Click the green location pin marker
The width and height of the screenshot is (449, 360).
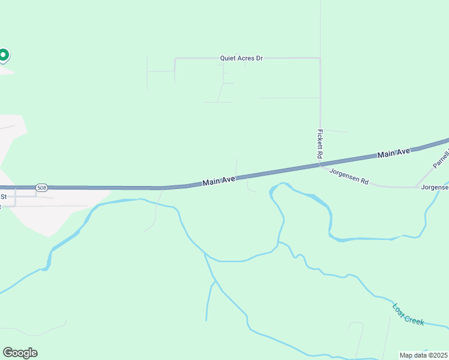[x=3, y=56]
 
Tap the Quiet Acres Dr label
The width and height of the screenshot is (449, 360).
[x=243, y=58]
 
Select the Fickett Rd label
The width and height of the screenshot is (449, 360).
[x=321, y=144]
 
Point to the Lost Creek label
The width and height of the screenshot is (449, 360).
[x=408, y=314]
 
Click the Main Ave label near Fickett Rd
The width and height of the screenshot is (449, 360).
[x=394, y=154]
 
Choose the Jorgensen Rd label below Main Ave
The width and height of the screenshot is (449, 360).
[x=349, y=179]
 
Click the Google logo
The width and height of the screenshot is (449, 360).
[x=20, y=353]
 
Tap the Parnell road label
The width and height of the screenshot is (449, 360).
[x=441, y=158]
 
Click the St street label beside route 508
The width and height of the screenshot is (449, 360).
[x=4, y=196]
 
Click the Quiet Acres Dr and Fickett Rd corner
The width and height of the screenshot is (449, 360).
[x=320, y=58]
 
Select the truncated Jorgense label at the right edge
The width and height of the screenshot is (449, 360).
[x=435, y=187]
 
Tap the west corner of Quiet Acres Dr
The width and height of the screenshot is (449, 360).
[x=175, y=59]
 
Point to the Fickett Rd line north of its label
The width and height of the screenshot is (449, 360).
[x=320, y=96]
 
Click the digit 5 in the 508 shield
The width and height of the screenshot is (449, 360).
[x=38, y=188]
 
